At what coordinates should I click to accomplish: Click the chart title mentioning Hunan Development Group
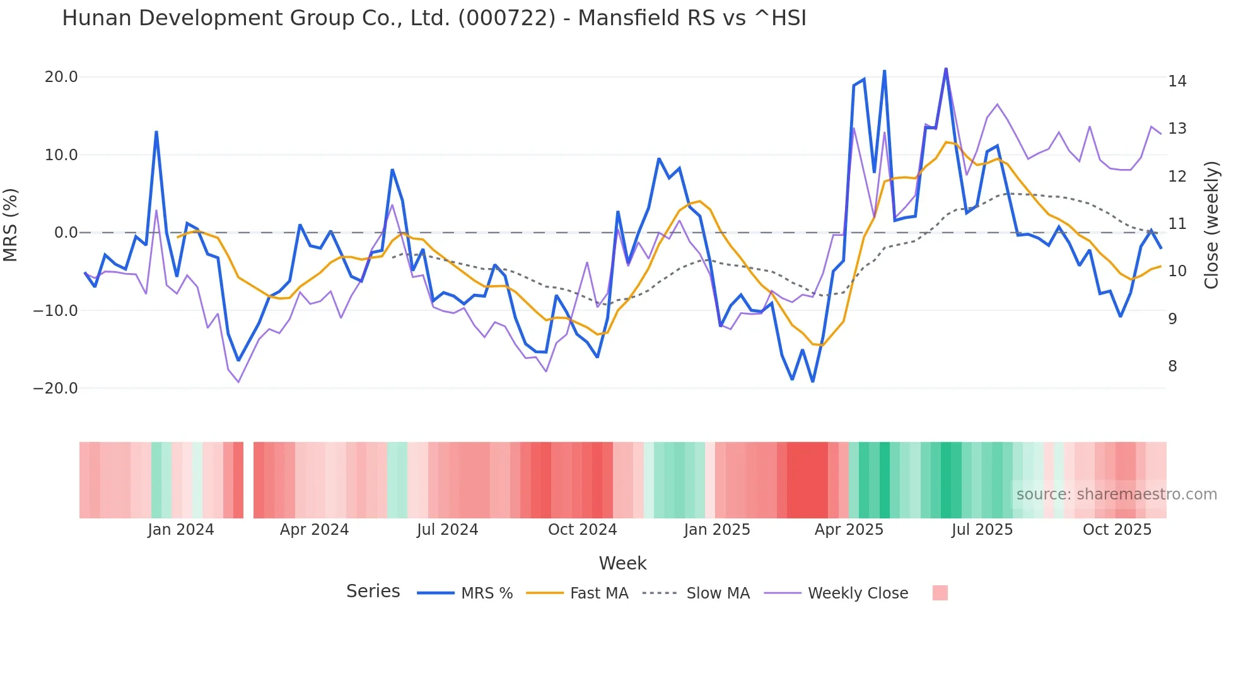click(434, 18)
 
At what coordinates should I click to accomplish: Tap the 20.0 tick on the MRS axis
click(61, 77)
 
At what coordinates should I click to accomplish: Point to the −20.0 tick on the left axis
click(55, 388)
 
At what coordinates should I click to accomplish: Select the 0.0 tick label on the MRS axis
click(66, 233)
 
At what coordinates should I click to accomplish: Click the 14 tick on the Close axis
click(1177, 81)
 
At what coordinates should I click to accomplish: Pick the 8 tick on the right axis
click(1172, 366)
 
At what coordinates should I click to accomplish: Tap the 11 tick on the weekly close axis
click(1177, 224)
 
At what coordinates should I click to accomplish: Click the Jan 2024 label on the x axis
click(181, 530)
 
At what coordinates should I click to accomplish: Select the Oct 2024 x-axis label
click(582, 530)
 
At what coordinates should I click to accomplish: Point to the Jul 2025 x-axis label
click(982, 530)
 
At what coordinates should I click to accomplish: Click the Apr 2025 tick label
click(849, 530)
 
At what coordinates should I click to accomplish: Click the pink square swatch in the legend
click(940, 593)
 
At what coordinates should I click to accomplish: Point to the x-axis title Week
click(622, 563)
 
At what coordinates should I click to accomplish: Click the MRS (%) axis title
click(11, 225)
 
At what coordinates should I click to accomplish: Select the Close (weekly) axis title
click(1211, 225)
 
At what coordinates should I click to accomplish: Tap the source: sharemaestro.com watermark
click(1116, 494)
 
